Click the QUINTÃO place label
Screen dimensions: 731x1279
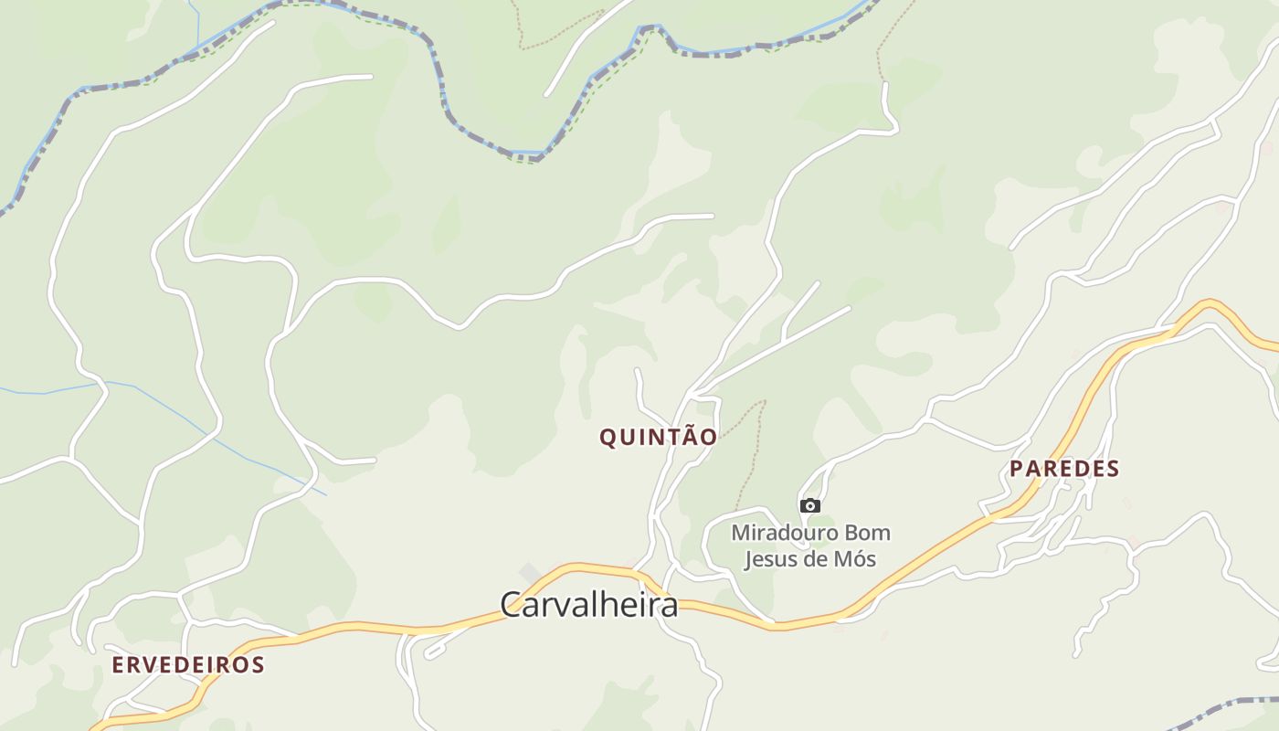(x=658, y=437)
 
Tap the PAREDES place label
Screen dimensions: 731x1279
(x=1063, y=469)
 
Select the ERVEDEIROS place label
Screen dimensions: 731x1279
(x=187, y=664)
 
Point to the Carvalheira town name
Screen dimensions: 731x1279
(x=589, y=604)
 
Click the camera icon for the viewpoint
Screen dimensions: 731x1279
(x=809, y=505)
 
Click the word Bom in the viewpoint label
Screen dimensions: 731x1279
(x=867, y=532)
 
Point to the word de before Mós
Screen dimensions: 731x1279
(x=816, y=558)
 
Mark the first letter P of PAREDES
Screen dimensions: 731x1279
(x=1016, y=469)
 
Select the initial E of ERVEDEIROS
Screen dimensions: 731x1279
(x=117, y=664)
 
